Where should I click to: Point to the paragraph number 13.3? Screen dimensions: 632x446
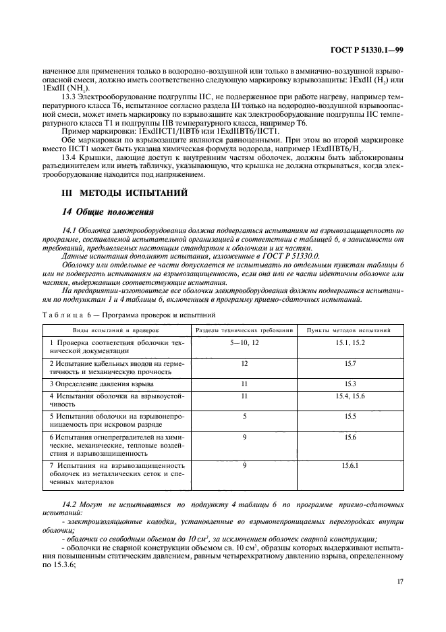(x=69, y=96)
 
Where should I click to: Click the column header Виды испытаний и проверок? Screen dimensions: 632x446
(x=115, y=330)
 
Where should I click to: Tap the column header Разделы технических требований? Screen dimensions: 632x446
(x=244, y=330)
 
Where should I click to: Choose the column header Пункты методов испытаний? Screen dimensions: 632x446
(x=349, y=330)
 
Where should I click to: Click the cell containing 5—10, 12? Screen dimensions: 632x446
(x=244, y=343)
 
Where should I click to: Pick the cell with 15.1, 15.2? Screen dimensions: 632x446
(x=349, y=343)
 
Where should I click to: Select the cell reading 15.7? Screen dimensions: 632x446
(x=349, y=363)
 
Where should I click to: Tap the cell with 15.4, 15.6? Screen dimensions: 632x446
(x=349, y=396)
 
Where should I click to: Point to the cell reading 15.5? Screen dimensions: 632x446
(x=349, y=417)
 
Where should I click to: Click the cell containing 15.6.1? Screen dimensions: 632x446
(x=349, y=465)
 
